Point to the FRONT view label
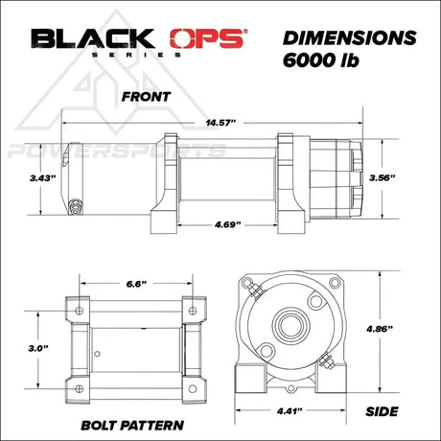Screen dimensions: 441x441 (x=146, y=97)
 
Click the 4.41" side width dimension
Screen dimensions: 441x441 (x=286, y=410)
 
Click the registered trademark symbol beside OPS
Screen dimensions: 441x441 (x=244, y=32)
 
